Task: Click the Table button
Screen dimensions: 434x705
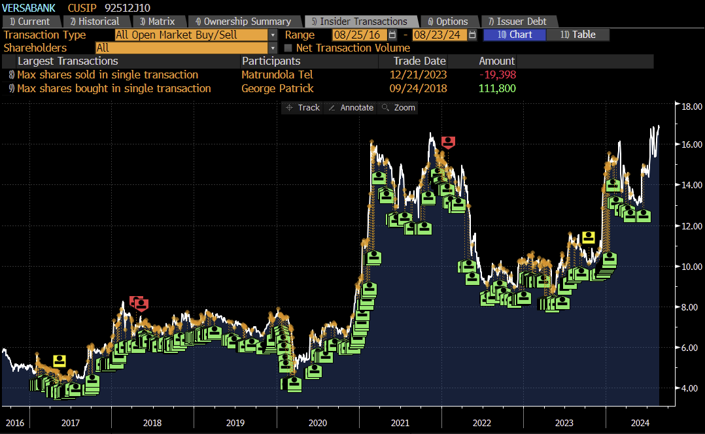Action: click(577, 35)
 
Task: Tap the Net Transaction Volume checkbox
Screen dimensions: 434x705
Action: click(288, 48)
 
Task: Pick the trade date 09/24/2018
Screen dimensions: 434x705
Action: click(418, 88)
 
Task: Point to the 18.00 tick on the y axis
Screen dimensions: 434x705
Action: click(691, 106)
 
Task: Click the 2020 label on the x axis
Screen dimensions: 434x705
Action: click(318, 423)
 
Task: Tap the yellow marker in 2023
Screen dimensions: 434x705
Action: click(588, 237)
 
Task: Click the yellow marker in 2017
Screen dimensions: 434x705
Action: click(60, 360)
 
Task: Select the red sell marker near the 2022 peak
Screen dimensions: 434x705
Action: click(448, 142)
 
